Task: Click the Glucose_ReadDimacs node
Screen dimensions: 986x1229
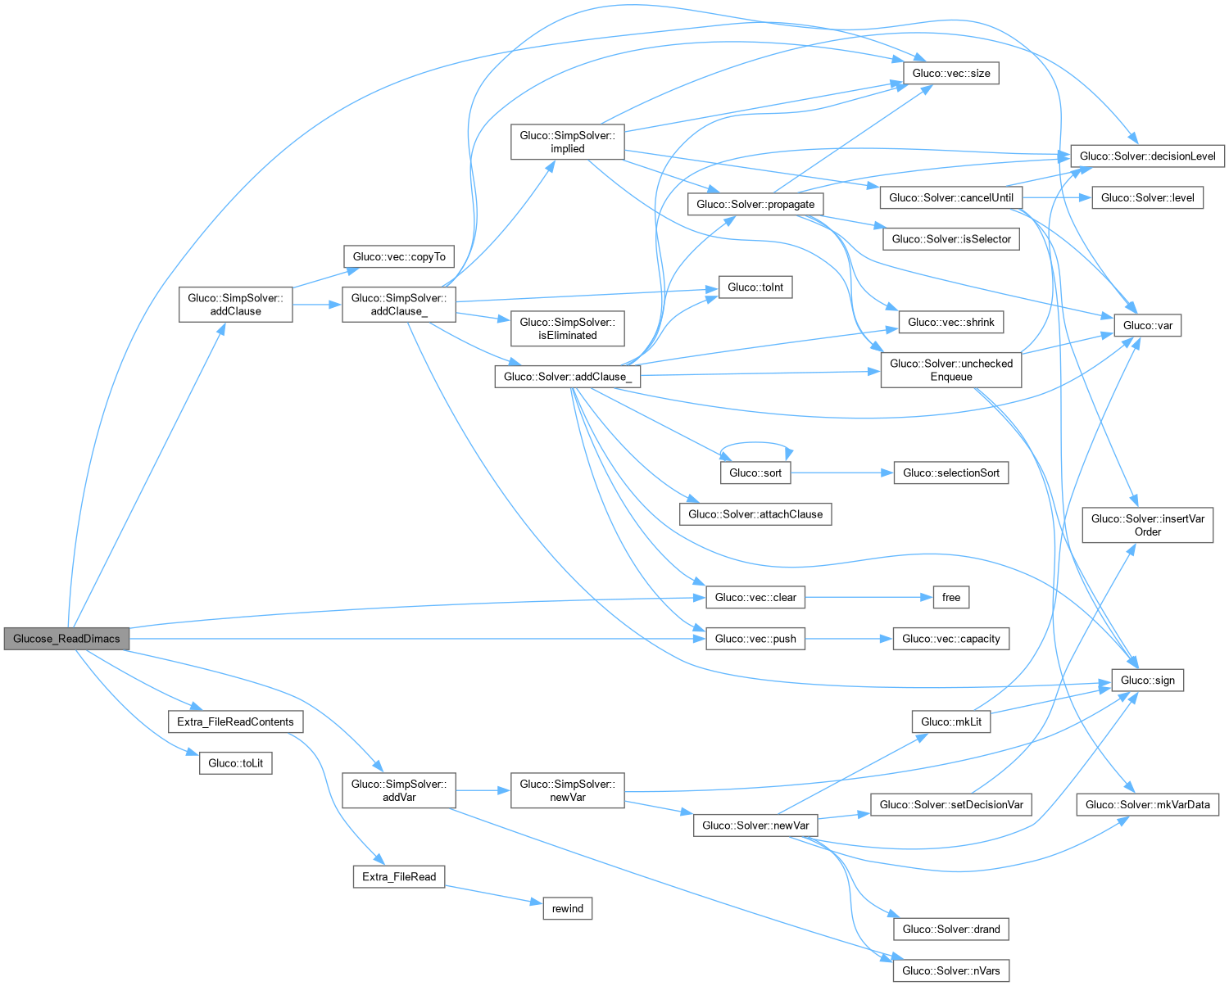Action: (x=66, y=639)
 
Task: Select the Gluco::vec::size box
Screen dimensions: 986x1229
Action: (x=950, y=73)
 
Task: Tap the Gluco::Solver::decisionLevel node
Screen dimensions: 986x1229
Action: (x=1147, y=156)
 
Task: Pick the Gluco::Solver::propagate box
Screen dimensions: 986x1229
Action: (x=755, y=204)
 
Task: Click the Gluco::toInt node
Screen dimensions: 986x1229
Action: (x=755, y=287)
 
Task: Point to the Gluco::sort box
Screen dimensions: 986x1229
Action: (x=755, y=473)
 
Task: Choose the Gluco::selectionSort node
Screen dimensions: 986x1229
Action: (x=950, y=473)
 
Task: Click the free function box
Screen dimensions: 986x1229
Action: (x=950, y=597)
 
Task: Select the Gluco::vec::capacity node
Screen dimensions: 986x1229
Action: (x=950, y=639)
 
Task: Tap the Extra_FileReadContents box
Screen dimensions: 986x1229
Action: (x=235, y=721)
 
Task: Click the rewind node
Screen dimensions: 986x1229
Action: (x=567, y=908)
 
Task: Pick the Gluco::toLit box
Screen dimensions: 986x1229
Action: (x=235, y=763)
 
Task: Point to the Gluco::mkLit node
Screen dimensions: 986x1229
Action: (x=950, y=721)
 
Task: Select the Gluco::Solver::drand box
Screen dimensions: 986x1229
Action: (x=950, y=929)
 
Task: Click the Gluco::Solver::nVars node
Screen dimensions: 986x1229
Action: (x=950, y=970)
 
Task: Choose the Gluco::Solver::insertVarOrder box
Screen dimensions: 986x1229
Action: (x=1147, y=525)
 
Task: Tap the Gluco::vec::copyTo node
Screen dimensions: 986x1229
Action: (x=399, y=256)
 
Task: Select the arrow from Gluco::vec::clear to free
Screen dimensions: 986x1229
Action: (x=868, y=597)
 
